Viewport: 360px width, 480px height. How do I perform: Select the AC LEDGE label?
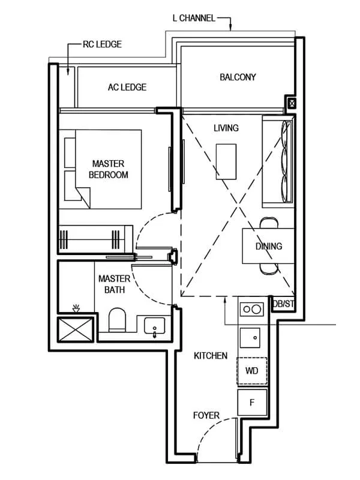(127, 88)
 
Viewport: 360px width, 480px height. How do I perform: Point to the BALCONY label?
(238, 77)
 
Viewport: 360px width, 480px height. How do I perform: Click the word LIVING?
(226, 128)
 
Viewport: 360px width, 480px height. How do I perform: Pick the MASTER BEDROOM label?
(108, 169)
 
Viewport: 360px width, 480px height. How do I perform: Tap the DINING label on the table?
(268, 246)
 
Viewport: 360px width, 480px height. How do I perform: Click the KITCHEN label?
(210, 356)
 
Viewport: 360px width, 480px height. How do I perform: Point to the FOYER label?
(206, 415)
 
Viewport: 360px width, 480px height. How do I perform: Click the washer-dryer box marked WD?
(252, 371)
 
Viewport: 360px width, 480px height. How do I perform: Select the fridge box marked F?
(252, 402)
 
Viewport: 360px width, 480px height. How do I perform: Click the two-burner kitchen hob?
(252, 310)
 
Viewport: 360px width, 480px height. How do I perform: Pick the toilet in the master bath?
(118, 320)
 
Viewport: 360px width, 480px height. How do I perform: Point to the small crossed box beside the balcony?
(292, 104)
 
